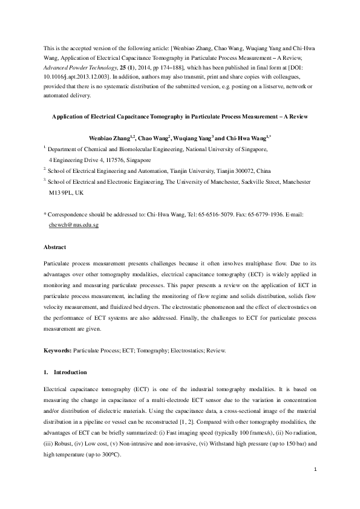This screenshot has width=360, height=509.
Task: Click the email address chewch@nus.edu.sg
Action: click(x=73, y=224)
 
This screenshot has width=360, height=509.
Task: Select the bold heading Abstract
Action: click(x=55, y=247)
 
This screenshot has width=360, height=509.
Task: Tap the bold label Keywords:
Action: click(x=58, y=350)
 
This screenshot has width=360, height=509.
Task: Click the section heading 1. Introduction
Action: click(x=65, y=371)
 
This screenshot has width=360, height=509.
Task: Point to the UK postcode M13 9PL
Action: click(x=62, y=192)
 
